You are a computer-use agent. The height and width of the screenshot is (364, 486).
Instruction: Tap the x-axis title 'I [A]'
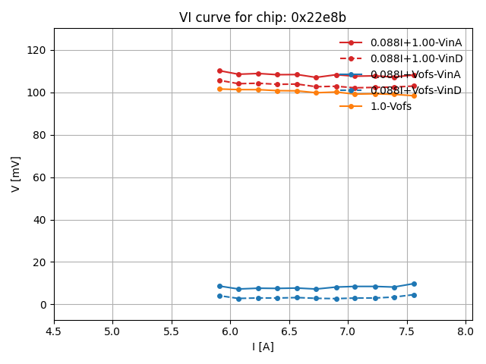tap(263, 347)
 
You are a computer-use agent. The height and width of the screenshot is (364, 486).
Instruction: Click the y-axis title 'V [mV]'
tap(16, 174)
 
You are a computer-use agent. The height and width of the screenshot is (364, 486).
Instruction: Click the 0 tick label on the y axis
tap(44, 305)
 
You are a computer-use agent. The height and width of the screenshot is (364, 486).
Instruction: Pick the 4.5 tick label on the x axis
tap(54, 331)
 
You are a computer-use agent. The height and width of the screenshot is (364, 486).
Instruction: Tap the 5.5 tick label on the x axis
tap(172, 331)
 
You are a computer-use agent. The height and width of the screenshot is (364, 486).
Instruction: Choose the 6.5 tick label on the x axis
tap(289, 331)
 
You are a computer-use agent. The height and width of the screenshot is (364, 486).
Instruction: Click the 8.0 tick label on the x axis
tap(465, 331)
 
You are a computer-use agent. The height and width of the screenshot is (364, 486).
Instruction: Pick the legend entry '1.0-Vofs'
tap(390, 106)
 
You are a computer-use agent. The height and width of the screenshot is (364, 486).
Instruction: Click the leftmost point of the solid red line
tap(219, 71)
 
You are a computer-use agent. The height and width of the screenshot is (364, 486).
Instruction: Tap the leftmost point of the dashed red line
tap(219, 80)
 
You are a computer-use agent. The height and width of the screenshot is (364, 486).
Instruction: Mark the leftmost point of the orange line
tap(219, 89)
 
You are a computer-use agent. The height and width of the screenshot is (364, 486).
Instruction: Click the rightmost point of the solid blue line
tap(414, 284)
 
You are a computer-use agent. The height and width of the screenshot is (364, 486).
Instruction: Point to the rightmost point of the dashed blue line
tap(414, 295)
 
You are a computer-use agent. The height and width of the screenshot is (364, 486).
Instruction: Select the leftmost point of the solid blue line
tap(219, 287)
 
